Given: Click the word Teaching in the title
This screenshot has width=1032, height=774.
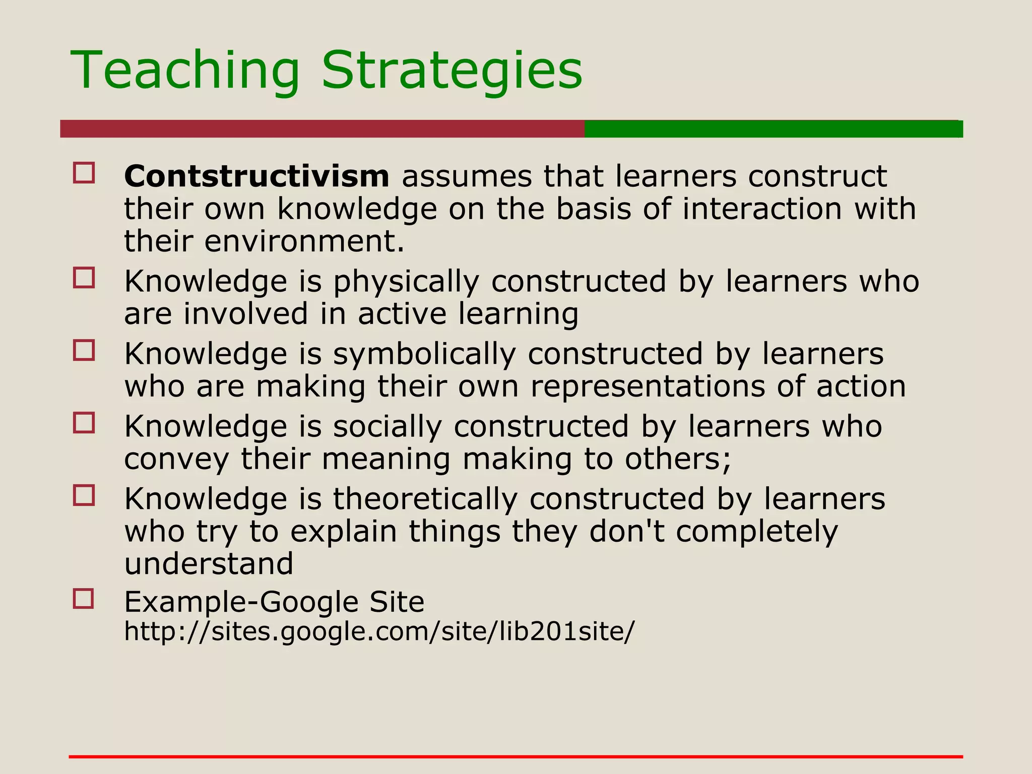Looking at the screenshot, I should point(185,71).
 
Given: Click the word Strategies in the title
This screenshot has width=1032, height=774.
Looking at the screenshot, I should point(451,71).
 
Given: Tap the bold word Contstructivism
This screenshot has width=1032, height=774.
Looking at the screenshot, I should point(256,176).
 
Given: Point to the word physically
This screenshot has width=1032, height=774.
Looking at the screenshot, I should point(406,282).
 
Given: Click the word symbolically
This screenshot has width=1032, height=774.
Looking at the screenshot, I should point(424,354).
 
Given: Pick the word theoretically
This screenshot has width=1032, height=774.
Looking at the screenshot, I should point(425,499).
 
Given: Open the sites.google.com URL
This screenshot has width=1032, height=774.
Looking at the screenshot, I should point(379,631).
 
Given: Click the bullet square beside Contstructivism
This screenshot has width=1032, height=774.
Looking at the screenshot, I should point(84,172).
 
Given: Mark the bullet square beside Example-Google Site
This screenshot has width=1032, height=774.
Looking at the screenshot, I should point(84,599).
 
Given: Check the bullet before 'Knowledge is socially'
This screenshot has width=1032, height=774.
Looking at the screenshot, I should point(84,423).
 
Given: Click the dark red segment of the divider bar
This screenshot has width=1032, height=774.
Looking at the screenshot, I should point(322,129).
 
